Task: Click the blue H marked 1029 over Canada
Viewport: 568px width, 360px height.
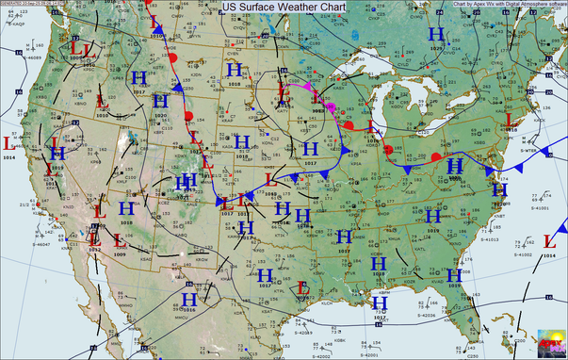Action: tap(435, 35)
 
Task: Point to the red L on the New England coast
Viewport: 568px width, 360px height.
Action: tap(510, 119)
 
